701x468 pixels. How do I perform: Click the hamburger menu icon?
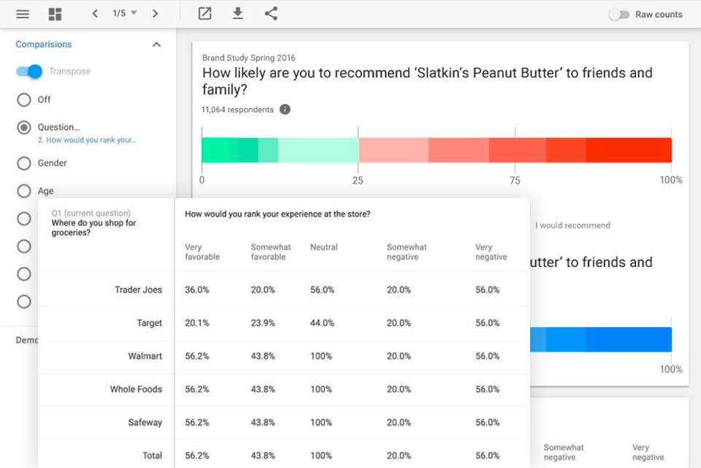click(x=23, y=14)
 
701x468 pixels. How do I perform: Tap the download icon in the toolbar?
click(x=237, y=13)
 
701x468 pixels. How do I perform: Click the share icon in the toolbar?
click(x=271, y=13)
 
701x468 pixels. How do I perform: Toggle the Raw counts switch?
click(x=619, y=15)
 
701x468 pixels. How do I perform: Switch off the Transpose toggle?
click(x=29, y=72)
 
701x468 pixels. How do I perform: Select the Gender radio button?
click(x=24, y=163)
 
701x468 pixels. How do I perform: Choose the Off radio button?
click(x=24, y=99)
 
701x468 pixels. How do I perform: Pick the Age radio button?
click(x=24, y=191)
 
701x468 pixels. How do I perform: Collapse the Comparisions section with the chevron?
click(x=156, y=45)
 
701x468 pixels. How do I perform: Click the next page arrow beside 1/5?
click(x=155, y=14)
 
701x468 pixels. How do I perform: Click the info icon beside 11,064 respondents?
click(x=285, y=110)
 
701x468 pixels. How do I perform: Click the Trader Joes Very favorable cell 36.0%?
click(x=197, y=290)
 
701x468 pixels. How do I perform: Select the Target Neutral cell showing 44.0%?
click(x=321, y=323)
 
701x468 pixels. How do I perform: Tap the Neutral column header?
click(x=323, y=247)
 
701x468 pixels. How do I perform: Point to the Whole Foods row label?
click(x=136, y=389)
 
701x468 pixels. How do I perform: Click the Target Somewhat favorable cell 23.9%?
click(x=263, y=323)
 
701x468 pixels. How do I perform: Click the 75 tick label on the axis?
click(x=515, y=181)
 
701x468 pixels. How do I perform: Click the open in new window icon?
click(x=205, y=13)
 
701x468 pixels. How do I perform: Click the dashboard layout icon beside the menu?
click(x=55, y=14)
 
